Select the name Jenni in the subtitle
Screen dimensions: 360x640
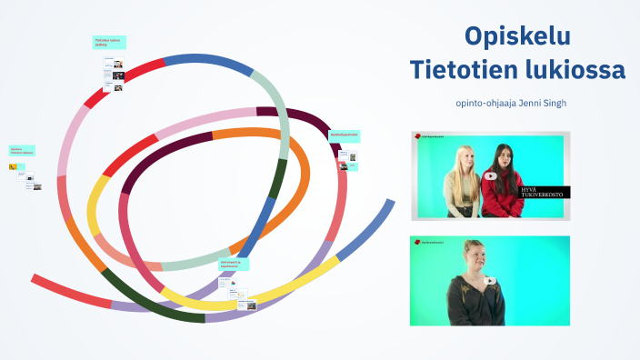(x=532, y=103)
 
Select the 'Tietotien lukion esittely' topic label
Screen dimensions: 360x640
(x=109, y=42)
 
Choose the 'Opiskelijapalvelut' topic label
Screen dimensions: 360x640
(x=344, y=135)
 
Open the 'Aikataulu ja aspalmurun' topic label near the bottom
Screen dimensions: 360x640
(x=234, y=264)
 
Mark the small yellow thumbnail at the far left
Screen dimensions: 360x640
(x=12, y=167)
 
